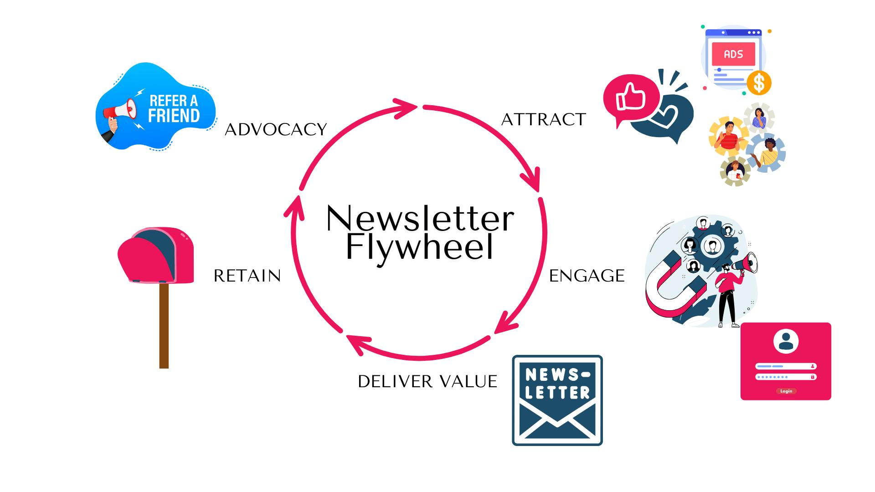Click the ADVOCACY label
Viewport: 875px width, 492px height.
click(276, 130)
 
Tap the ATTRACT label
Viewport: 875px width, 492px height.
click(543, 120)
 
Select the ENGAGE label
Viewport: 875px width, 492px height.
click(587, 276)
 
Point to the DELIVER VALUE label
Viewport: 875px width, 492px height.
click(427, 382)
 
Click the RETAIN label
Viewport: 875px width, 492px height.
click(247, 276)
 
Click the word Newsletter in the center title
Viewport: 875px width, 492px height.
click(420, 219)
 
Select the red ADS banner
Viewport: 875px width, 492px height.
click(733, 54)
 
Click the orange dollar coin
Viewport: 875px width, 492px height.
click(759, 83)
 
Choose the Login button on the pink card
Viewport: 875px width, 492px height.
click(786, 391)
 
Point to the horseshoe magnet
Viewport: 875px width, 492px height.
click(670, 287)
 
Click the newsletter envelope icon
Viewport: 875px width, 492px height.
click(557, 400)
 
